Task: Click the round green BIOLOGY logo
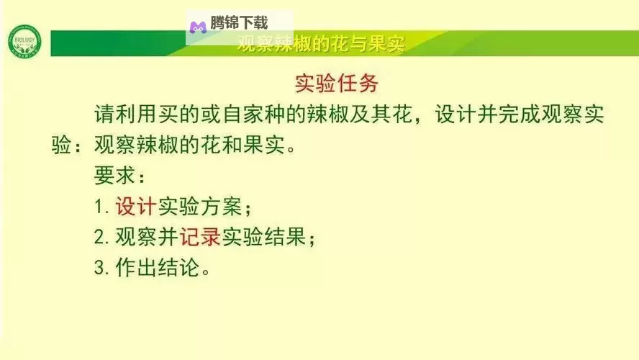[24, 43]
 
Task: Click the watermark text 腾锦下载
[239, 24]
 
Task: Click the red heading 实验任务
[337, 84]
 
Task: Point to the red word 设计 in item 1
[136, 207]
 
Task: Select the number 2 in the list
[99, 237]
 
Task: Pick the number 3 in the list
[99, 267]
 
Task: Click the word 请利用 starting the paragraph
[125, 115]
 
